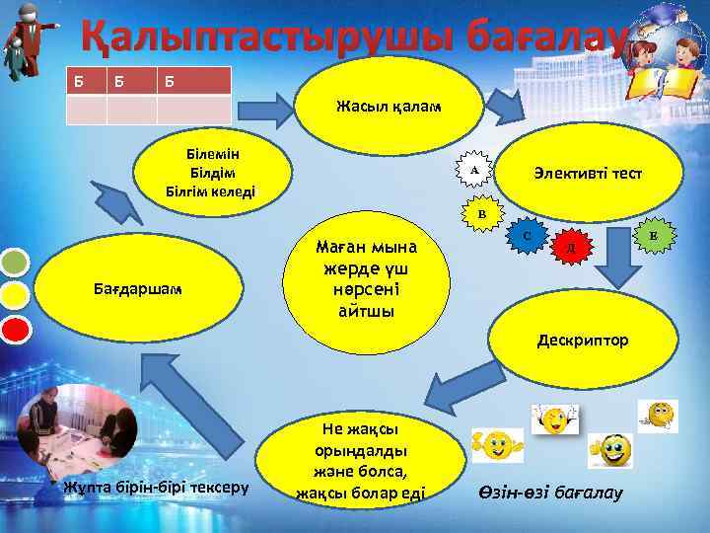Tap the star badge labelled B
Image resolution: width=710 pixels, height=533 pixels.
481,213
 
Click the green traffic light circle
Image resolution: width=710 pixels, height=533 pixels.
14,263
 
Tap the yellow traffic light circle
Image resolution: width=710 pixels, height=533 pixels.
14,294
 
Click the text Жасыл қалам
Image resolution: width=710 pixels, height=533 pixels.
374,106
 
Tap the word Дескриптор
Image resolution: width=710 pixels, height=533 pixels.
582,342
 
